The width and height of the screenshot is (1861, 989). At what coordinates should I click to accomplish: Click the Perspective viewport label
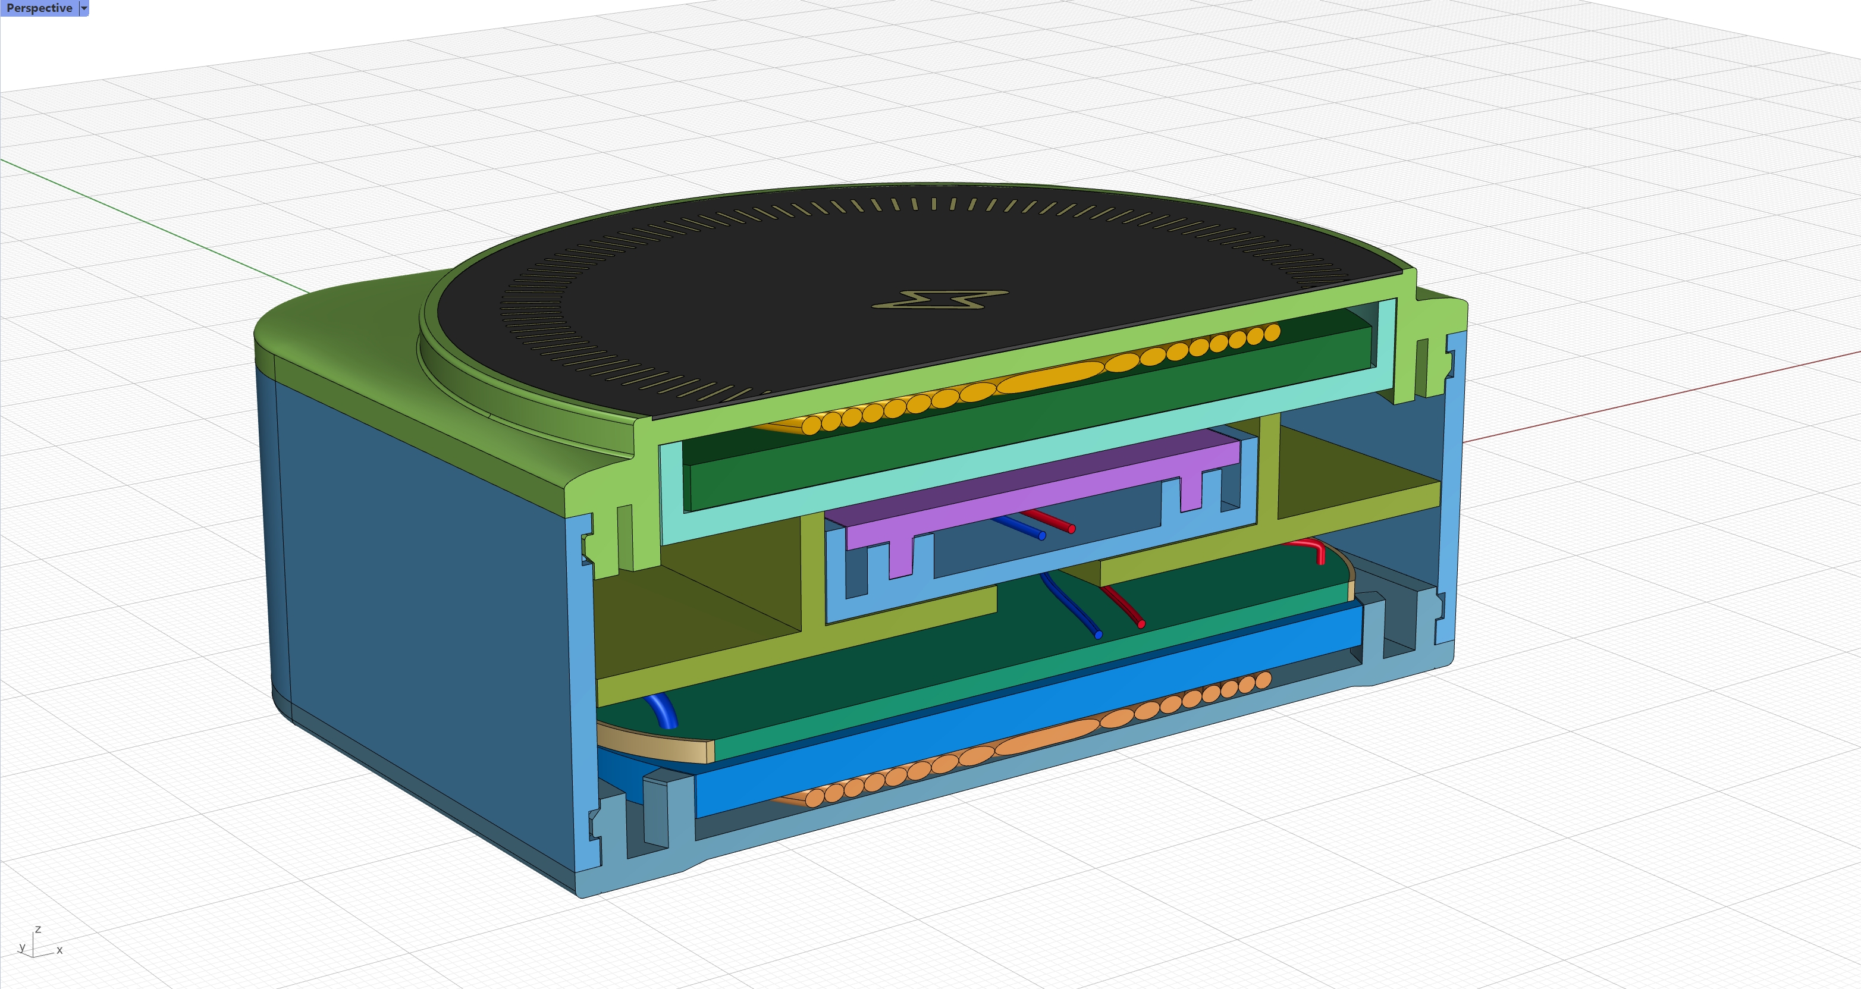point(39,8)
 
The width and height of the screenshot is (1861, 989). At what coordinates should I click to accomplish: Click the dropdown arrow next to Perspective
point(84,8)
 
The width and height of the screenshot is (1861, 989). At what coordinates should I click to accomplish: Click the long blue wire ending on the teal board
point(1073,607)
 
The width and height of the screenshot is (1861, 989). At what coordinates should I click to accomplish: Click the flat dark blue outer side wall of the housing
point(419,578)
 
